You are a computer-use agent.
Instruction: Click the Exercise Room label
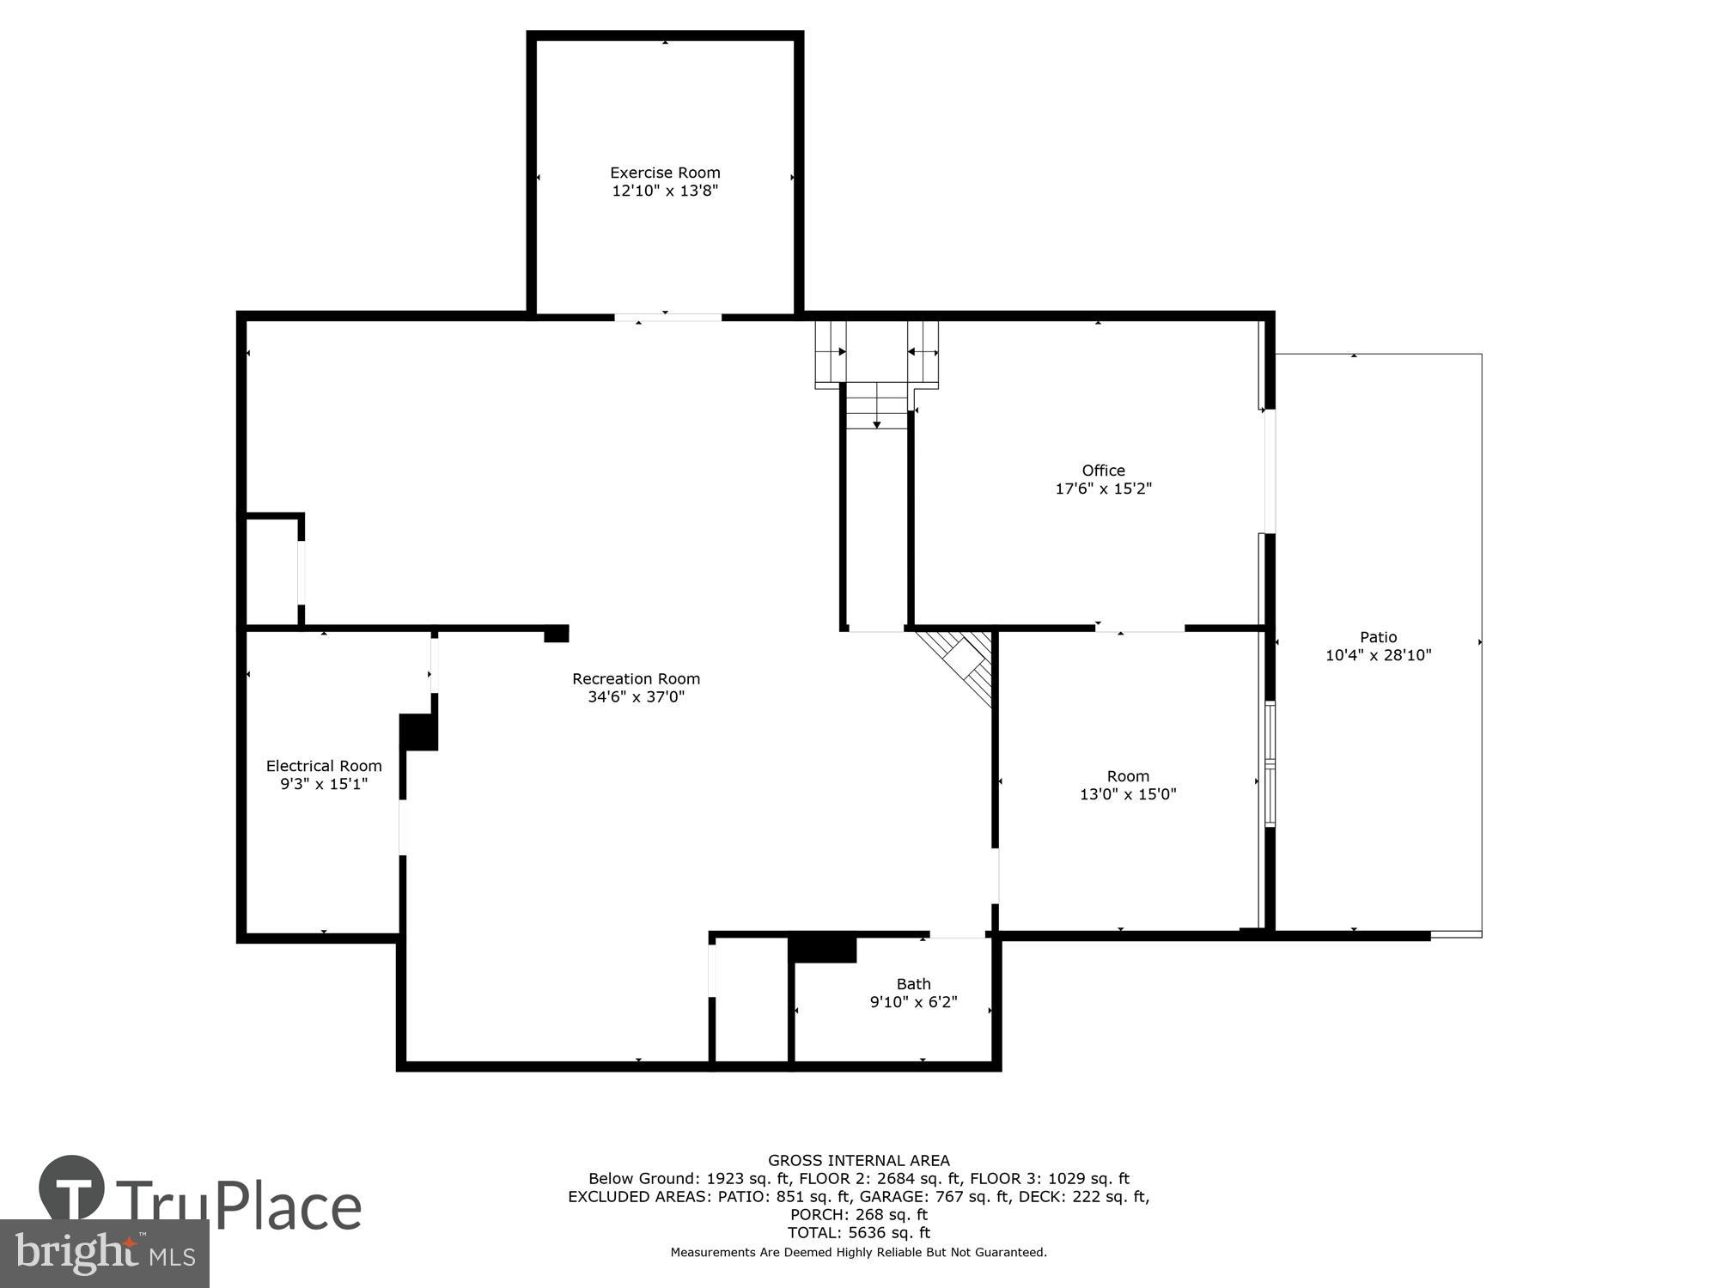(665, 173)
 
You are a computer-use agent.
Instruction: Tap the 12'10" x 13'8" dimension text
(665, 191)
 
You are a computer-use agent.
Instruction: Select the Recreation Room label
(636, 678)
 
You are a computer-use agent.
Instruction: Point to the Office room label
(1103, 471)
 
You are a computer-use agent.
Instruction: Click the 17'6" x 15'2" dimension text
(1103, 489)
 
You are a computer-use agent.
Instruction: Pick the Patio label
(1378, 637)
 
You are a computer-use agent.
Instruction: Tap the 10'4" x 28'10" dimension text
(1378, 655)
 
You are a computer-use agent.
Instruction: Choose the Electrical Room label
(324, 766)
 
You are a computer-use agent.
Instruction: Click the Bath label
(913, 984)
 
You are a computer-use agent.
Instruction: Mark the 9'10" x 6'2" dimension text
(913, 1002)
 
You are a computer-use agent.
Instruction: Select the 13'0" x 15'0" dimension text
(1127, 794)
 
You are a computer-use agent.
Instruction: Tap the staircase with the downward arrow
(876, 408)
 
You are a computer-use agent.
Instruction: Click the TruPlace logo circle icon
(72, 1188)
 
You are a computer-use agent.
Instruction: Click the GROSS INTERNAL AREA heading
(858, 1161)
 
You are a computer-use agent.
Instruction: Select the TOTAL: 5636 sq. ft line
(858, 1233)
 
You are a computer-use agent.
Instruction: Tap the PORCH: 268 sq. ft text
(858, 1215)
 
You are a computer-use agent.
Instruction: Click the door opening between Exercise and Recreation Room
(667, 318)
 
